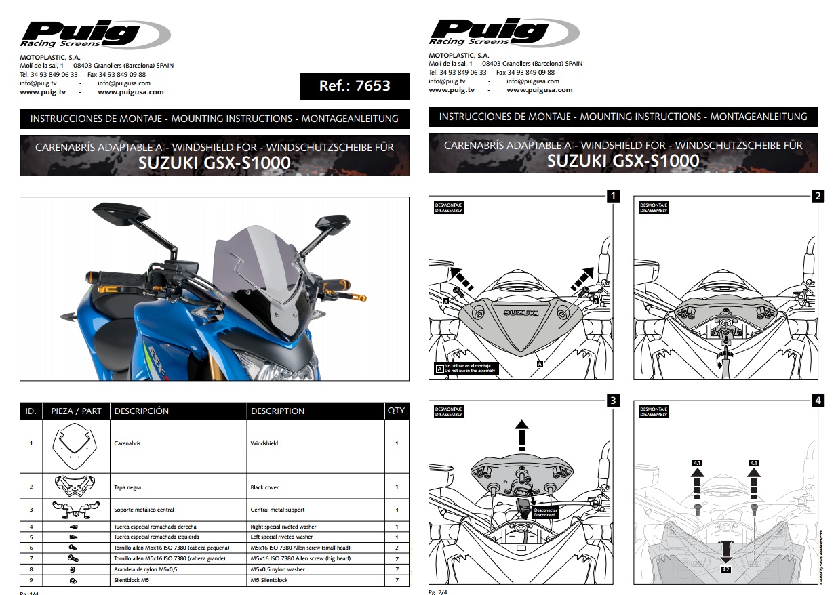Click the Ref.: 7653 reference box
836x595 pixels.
[355, 86]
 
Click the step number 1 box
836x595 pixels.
[612, 197]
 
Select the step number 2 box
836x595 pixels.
[818, 197]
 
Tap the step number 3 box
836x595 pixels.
[612, 401]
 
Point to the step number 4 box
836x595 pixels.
[818, 401]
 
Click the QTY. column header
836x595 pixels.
[397, 411]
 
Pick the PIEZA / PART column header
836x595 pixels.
[76, 411]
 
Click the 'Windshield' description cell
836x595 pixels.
[264, 443]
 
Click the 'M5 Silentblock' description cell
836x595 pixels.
[269, 581]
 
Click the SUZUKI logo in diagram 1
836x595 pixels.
[520, 312]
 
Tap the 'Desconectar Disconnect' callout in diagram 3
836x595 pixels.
[544, 512]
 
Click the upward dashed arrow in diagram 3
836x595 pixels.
[521, 434]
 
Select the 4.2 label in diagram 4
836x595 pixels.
[726, 570]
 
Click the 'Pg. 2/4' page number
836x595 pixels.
[438, 592]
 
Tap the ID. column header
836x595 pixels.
[31, 411]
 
